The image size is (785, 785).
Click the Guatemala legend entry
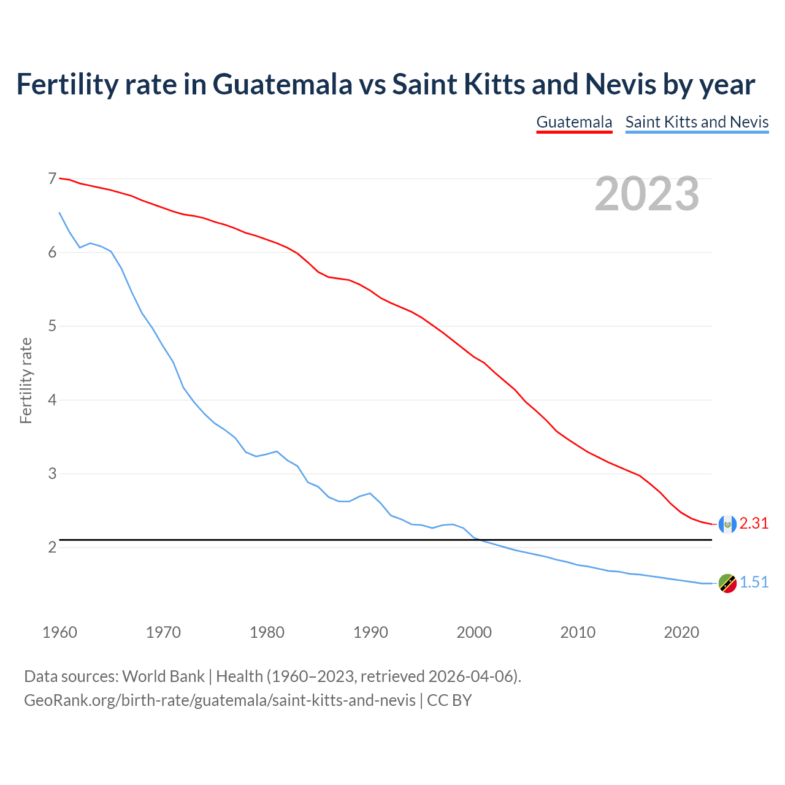[574, 122]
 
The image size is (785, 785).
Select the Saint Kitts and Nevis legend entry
[697, 122]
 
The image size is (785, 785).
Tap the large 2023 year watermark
[646, 194]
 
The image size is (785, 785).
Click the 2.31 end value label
[754, 523]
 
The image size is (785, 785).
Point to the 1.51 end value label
[754, 582]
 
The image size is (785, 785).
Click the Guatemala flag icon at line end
[727, 524]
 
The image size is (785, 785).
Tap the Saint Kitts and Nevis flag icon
[727, 583]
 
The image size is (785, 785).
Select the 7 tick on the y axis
[52, 178]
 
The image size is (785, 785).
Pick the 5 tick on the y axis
[52, 326]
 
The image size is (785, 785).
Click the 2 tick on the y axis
[52, 547]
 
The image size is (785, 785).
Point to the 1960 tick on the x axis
[59, 632]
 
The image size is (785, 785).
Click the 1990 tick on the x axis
[370, 632]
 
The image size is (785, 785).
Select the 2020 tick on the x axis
[681, 632]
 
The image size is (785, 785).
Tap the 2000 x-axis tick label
[474, 632]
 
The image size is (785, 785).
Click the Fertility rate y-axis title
[26, 380]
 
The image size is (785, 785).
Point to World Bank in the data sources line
[163, 676]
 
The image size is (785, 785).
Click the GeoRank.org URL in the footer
[220, 700]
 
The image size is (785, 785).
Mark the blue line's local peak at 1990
[370, 493]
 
